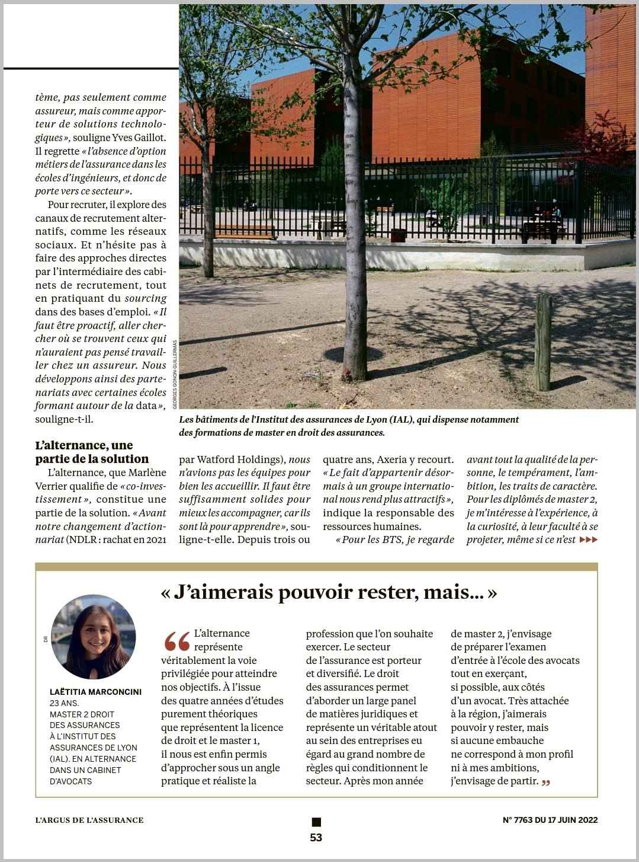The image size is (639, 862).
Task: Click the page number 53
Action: coord(316,838)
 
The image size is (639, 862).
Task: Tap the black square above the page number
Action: coord(316,822)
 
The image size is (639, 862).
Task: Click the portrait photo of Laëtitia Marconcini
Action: coord(94,637)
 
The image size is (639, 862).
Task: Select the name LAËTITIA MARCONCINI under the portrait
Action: coord(95,692)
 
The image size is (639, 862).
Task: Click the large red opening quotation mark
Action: coord(176,641)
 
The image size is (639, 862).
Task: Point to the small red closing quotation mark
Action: coord(546,783)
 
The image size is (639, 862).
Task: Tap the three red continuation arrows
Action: coord(589,539)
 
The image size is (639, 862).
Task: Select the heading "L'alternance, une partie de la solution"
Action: coord(92,452)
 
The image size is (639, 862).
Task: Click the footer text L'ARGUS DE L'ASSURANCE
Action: coord(89,820)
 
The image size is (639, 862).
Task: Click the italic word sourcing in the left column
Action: coord(145,298)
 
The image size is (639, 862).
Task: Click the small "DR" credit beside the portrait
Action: coord(45,639)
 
